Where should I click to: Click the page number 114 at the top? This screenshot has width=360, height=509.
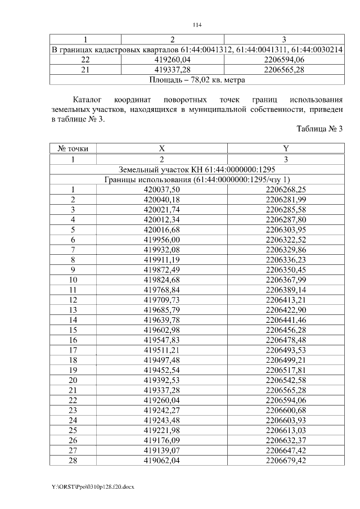click(x=197, y=25)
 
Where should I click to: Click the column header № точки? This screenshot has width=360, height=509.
click(x=73, y=148)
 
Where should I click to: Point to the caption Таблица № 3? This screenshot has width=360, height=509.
click(x=319, y=129)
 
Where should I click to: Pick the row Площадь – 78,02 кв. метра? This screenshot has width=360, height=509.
click(x=197, y=80)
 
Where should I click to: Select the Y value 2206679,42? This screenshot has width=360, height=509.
click(x=286, y=461)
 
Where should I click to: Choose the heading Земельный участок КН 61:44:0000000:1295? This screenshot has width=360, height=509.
click(x=197, y=169)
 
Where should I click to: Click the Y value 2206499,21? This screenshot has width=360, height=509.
click(x=286, y=360)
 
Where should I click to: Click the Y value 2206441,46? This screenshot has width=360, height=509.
click(x=286, y=320)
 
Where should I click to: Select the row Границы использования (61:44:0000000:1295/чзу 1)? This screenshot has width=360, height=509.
click(x=197, y=179)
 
